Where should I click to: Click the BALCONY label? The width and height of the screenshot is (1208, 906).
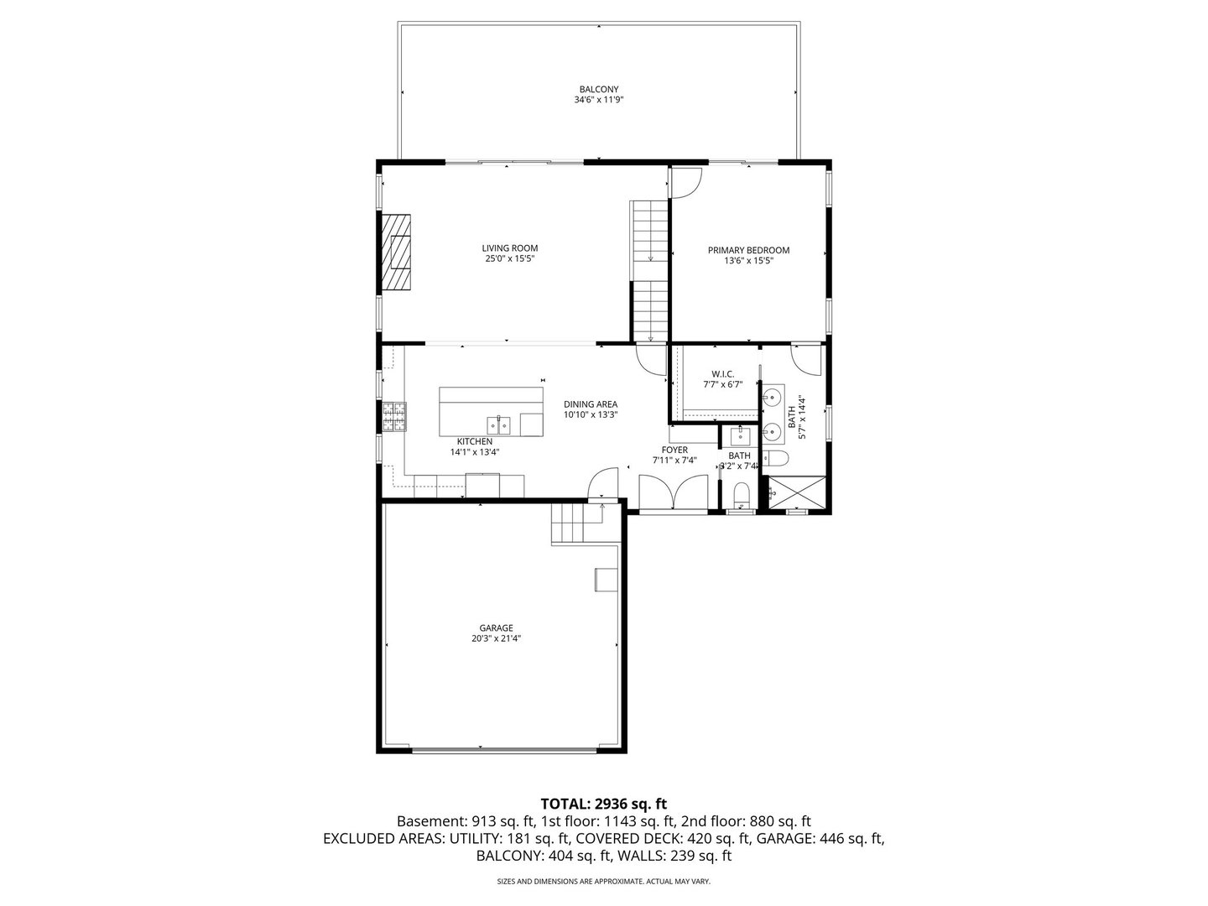598,89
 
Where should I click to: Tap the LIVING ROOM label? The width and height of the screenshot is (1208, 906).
509,248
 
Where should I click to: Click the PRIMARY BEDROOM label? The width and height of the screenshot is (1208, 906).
748,250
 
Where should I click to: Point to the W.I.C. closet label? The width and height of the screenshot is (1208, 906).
722,373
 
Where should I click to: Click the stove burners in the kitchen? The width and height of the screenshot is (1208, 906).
393,417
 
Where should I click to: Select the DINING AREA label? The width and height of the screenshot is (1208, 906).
591,404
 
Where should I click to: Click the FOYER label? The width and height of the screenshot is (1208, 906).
674,450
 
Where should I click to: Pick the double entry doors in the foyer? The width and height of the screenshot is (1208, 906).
674,492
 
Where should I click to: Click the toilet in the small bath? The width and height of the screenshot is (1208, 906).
742,494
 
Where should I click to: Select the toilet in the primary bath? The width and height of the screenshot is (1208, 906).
777,458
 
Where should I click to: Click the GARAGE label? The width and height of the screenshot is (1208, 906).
496,627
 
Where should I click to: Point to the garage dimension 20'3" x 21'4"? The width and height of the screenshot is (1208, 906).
496,638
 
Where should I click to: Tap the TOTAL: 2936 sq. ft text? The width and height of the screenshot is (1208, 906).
603,804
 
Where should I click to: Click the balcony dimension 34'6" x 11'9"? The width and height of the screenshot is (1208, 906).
598,100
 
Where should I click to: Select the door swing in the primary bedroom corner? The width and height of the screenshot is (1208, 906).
685,183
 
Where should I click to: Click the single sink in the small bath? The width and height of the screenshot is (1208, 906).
740,435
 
